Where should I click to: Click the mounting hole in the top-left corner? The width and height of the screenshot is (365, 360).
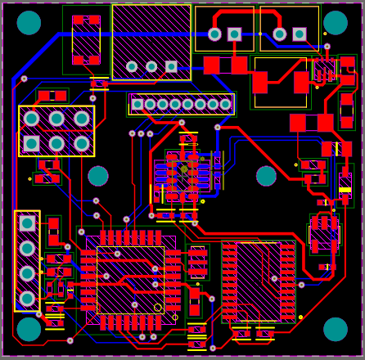coord(29,23)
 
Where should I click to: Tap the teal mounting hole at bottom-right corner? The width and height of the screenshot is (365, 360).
coord(336,329)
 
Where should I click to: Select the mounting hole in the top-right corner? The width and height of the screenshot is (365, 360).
coord(336,23)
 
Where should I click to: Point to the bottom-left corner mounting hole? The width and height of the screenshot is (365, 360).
coord(29,329)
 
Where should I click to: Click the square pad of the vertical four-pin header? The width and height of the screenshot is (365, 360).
coord(27,223)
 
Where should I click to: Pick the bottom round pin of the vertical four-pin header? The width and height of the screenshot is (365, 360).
coord(27,299)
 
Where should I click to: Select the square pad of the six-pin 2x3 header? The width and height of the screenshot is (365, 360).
coord(31,144)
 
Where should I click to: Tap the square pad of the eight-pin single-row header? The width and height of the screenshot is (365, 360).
coord(137,104)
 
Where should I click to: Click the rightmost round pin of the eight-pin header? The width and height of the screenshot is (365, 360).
coord(225,104)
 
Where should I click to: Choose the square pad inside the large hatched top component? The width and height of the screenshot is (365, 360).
coord(171,66)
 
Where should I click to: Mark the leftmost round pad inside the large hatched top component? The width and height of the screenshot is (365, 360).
coord(132,66)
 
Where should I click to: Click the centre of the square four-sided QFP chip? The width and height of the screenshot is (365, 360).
coord(130,280)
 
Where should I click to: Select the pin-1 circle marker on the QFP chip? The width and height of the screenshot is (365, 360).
coord(158,308)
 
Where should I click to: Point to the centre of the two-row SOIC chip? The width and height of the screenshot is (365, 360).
coord(259,281)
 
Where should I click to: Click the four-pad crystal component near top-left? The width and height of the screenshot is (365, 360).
coord(86,39)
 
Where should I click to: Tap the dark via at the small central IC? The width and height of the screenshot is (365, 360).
coord(184,169)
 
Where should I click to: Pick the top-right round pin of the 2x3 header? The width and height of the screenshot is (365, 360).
coord(82,119)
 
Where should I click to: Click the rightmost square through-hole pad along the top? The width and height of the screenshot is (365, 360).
coord(300,34)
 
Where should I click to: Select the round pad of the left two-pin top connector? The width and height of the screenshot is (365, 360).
coord(214,34)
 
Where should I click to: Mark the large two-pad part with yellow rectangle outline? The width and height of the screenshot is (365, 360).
coord(281,82)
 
